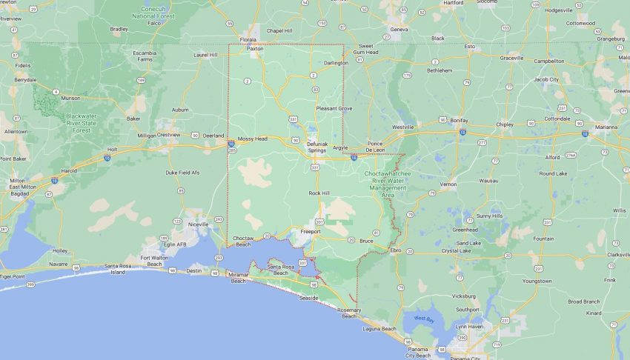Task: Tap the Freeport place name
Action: pyautogui.click(x=310, y=231)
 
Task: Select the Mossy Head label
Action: pyautogui.click(x=252, y=139)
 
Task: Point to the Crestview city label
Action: pyautogui.click(x=168, y=135)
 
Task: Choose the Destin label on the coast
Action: pyautogui.click(x=193, y=270)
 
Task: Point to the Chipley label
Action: pyautogui.click(x=505, y=124)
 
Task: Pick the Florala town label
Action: pyautogui.click(x=248, y=39)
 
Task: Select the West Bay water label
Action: pyautogui.click(x=424, y=319)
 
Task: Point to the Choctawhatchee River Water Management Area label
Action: pyautogui.click(x=385, y=181)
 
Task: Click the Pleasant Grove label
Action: pyautogui.click(x=334, y=108)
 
